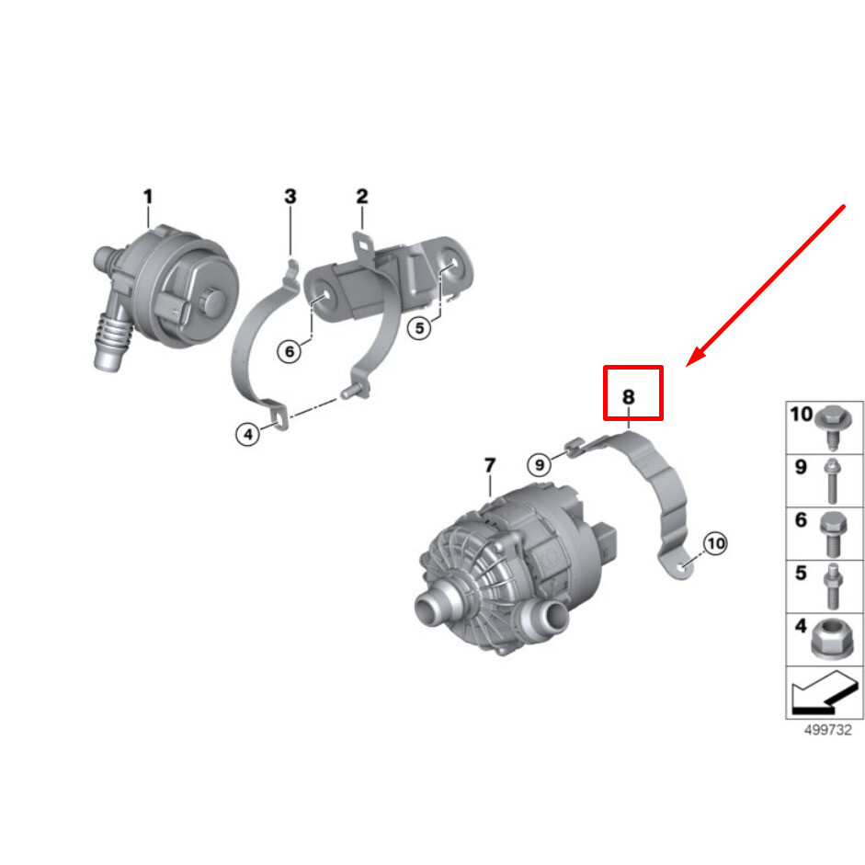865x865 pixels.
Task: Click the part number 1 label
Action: tap(147, 196)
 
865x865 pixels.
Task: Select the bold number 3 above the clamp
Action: tap(290, 196)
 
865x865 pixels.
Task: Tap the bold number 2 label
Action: tap(361, 196)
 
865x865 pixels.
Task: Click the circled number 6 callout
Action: tap(290, 350)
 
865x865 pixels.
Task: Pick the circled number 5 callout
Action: tap(419, 326)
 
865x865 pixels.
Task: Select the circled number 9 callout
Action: tap(540, 464)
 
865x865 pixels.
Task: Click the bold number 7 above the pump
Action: tap(489, 465)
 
